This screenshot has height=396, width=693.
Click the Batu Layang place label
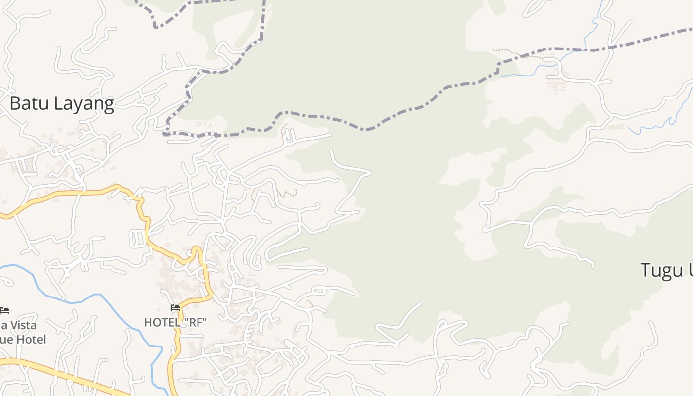point(62,104)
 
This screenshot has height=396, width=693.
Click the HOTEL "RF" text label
point(175,323)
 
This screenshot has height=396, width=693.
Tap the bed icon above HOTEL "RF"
point(175,308)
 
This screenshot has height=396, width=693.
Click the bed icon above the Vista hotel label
point(4,310)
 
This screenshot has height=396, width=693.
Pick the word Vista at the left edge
point(20,326)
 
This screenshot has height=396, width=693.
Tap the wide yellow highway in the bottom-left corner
point(59,374)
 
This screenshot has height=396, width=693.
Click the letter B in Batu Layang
point(15,103)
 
